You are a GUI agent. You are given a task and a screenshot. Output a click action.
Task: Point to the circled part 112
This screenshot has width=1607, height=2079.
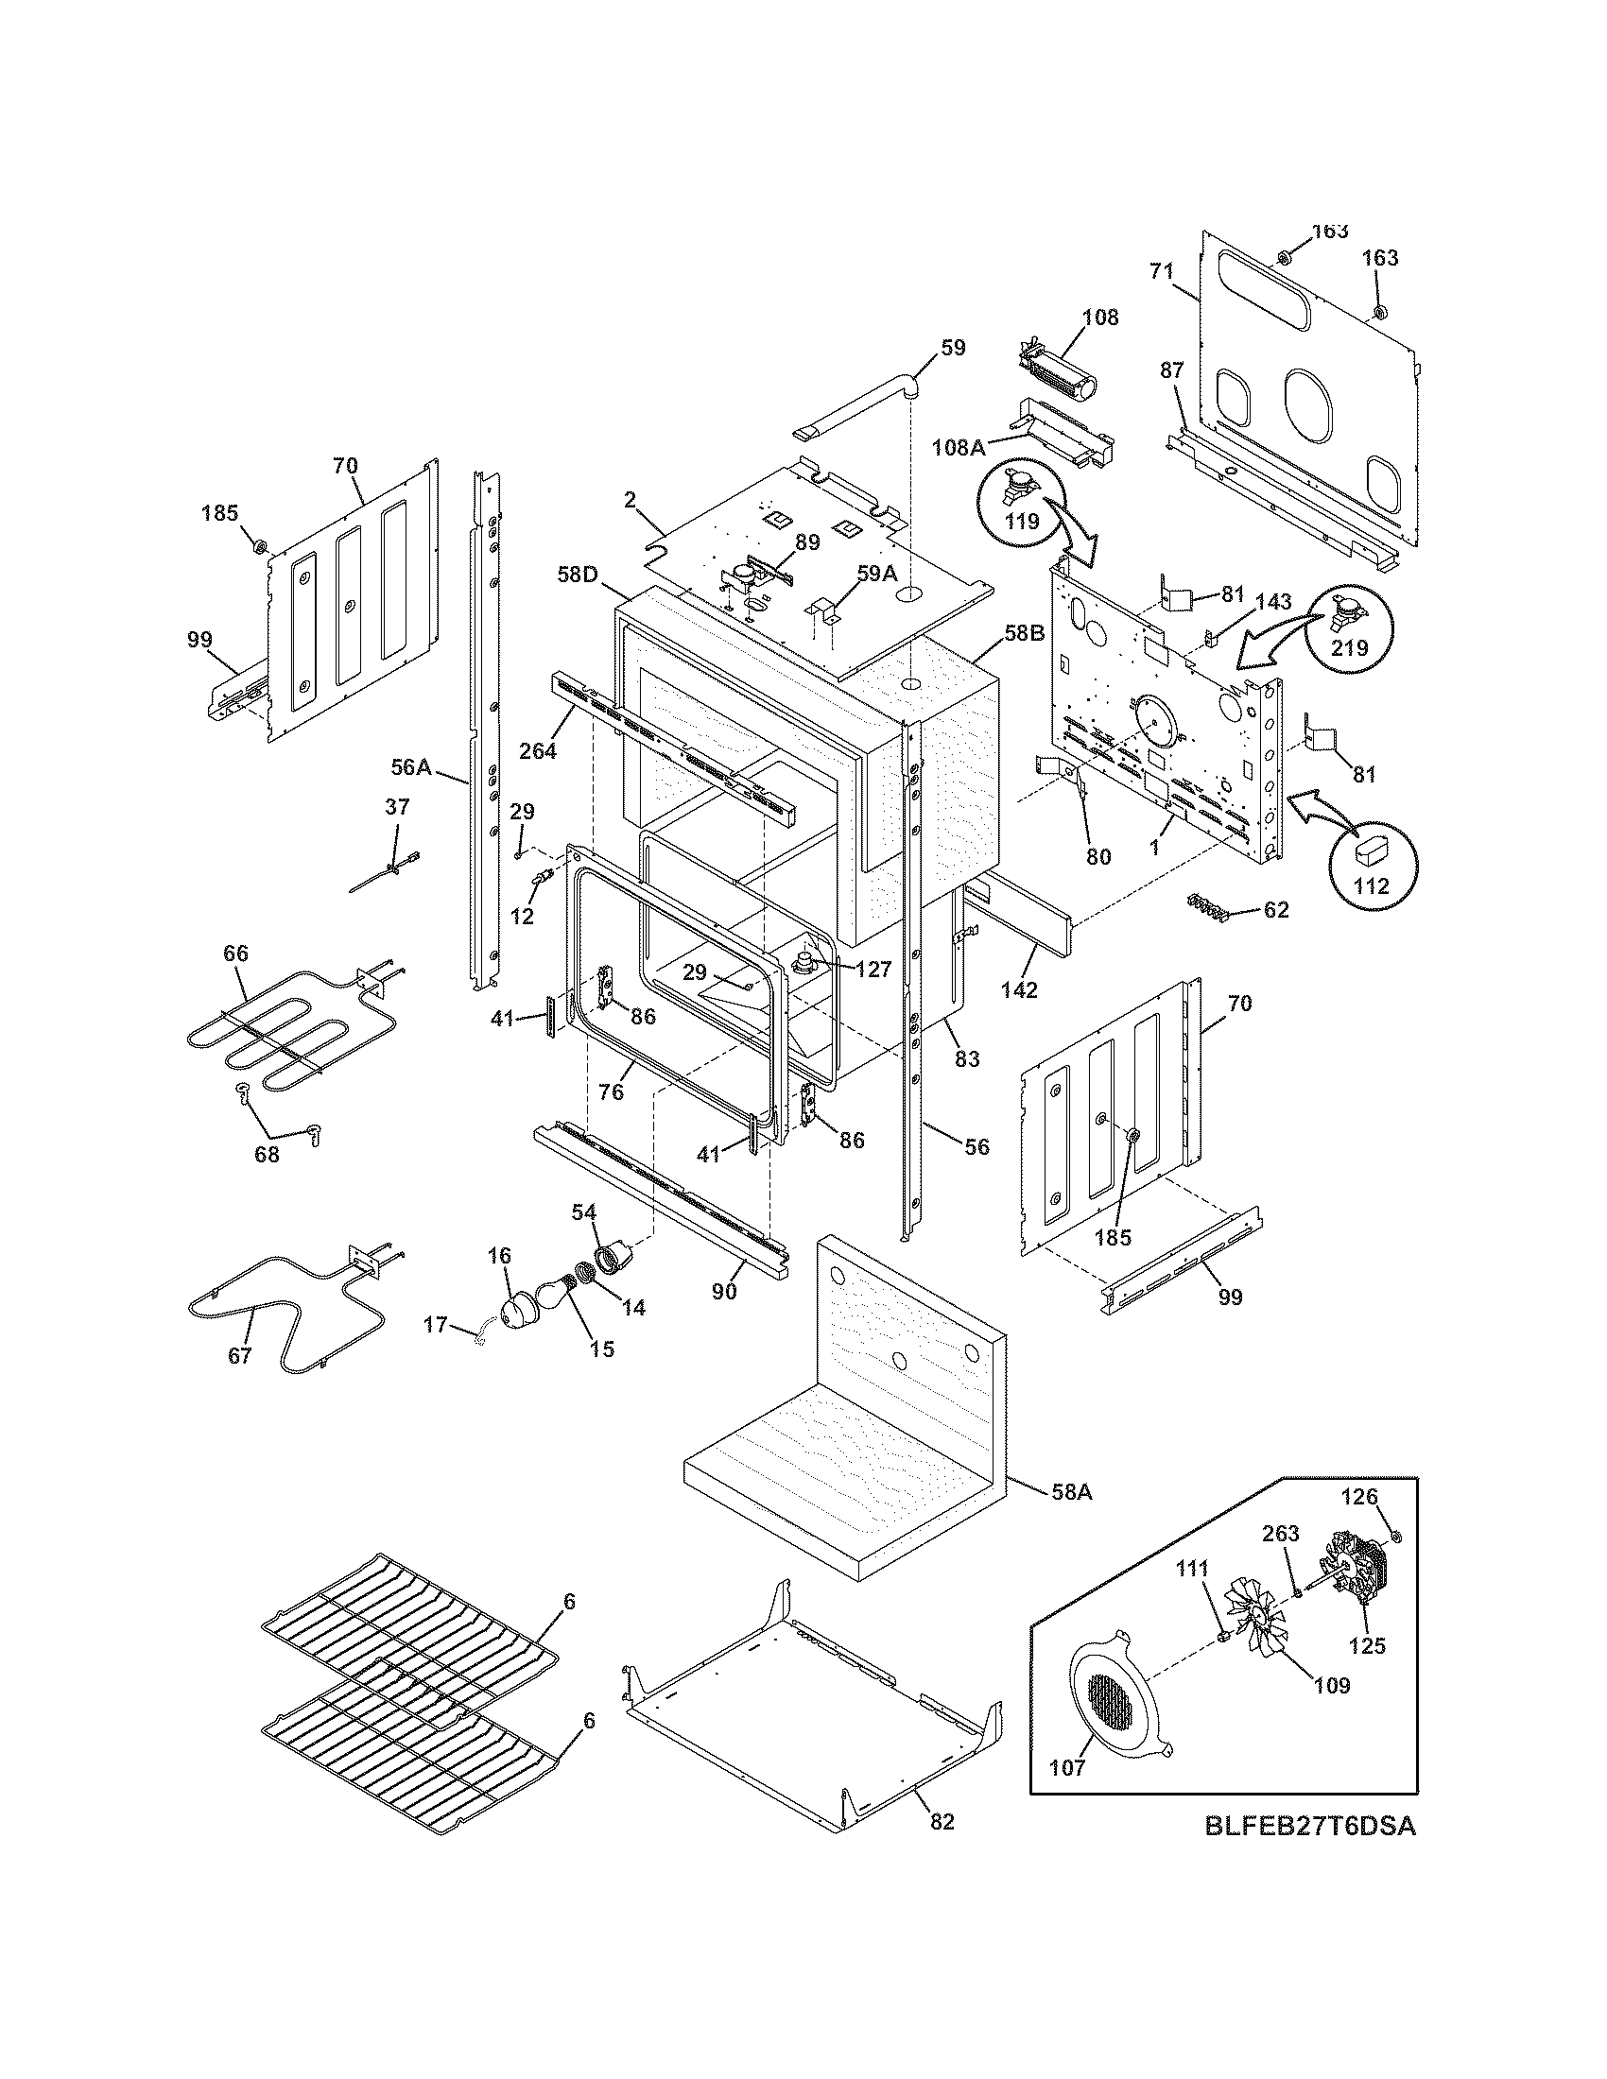(x=1371, y=863)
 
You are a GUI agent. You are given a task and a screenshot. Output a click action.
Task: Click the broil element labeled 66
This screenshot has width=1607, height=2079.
(x=276, y=1033)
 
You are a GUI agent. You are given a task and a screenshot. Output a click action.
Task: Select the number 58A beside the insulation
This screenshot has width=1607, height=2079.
(x=1071, y=1491)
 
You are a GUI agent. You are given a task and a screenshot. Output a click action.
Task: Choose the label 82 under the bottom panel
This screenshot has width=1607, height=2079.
(x=942, y=1821)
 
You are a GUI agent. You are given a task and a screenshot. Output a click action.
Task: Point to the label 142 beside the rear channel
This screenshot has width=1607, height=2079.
(x=1019, y=989)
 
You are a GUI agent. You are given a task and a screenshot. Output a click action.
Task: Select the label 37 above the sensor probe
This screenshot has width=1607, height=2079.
(x=397, y=807)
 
